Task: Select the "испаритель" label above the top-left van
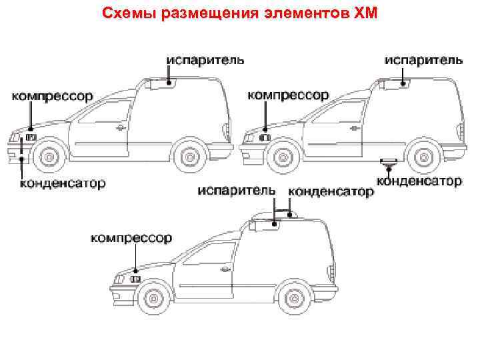(205, 59)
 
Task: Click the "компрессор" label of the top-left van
(51, 96)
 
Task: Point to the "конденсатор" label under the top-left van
(61, 183)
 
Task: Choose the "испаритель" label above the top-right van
(424, 59)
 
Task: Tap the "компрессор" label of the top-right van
(288, 96)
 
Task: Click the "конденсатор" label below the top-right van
(419, 181)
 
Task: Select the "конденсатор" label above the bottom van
(331, 191)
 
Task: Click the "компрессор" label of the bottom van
(131, 237)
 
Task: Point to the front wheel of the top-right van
(283, 157)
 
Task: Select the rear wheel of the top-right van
(423, 157)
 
